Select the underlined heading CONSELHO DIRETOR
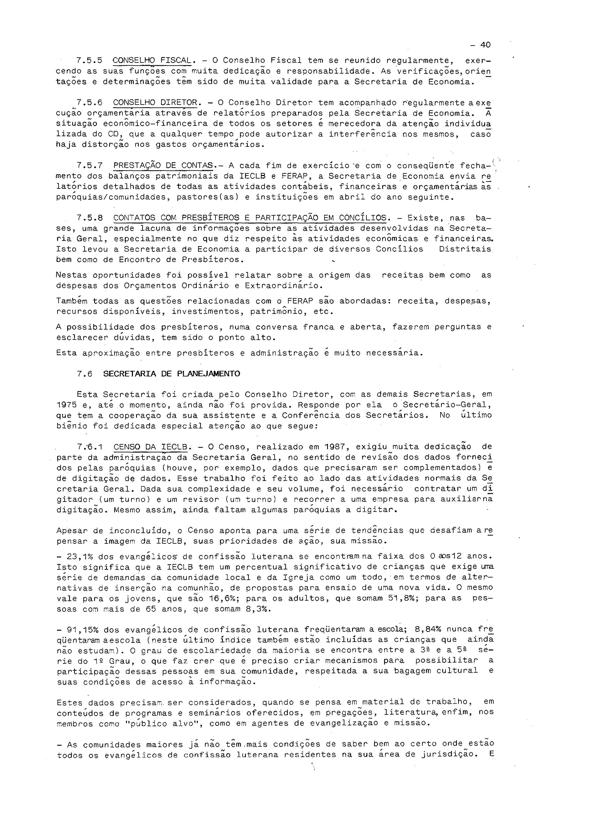point(155,103)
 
